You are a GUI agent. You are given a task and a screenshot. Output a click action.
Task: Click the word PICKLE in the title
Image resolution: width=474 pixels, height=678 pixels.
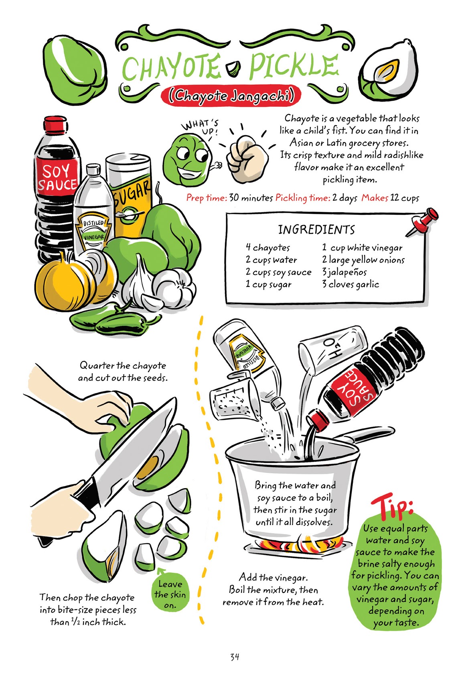[x=293, y=66]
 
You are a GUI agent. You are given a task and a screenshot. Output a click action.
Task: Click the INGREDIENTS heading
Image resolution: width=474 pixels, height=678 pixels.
[x=316, y=230]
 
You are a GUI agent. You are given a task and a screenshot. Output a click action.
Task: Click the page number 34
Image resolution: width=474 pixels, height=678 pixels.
[x=235, y=657]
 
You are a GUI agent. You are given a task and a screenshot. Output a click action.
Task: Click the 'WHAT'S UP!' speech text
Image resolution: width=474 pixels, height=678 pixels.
[x=201, y=126]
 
